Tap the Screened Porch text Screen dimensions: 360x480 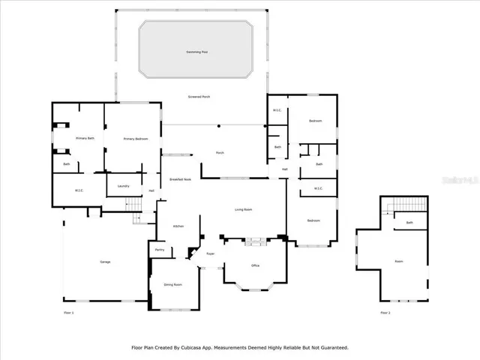[x=199, y=97]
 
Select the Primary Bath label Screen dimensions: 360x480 [x=85, y=139]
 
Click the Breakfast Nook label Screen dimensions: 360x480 [x=181, y=179]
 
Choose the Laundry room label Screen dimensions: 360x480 [x=123, y=185]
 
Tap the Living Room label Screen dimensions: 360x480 [x=243, y=209]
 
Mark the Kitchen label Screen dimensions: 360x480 [x=178, y=226]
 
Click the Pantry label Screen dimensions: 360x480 [x=160, y=249]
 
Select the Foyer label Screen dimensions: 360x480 [x=211, y=253]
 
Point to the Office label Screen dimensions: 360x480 [x=255, y=265]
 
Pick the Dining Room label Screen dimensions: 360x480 [x=173, y=284]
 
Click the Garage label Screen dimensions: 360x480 [x=105, y=262]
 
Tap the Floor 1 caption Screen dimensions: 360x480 [x=69, y=312]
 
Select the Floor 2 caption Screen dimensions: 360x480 [x=385, y=312]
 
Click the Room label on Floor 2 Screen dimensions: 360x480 [x=398, y=261]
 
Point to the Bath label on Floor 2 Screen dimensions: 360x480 [x=409, y=223]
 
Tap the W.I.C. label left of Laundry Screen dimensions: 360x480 [x=79, y=190]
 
